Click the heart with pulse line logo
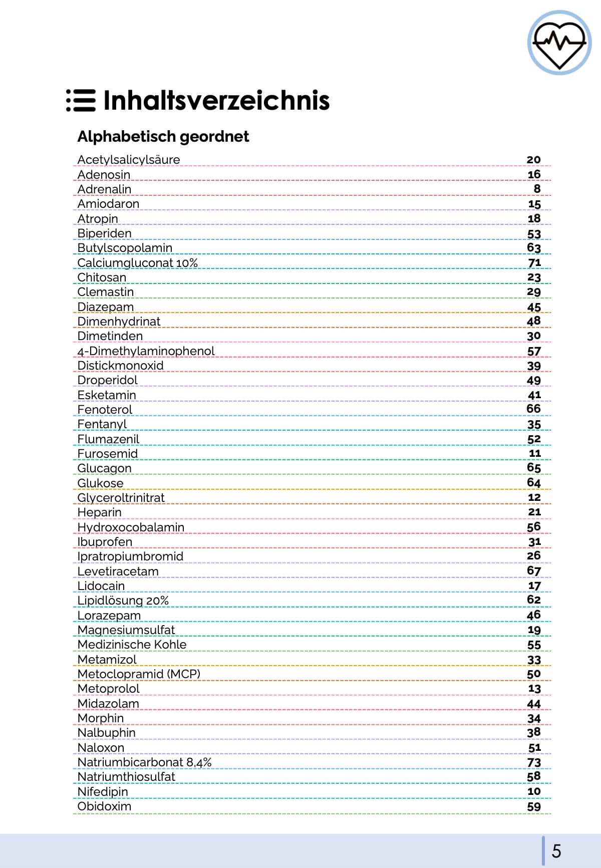click(559, 43)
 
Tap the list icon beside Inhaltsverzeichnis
click(81, 100)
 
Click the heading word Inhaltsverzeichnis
click(216, 100)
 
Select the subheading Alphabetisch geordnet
click(163, 136)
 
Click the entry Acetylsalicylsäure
click(128, 160)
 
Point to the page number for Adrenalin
click(537, 189)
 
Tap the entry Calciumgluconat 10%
click(137, 263)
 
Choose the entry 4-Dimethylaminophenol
click(146, 351)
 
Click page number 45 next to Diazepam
click(534, 307)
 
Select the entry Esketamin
click(106, 395)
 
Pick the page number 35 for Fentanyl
click(534, 425)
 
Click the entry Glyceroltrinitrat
click(121, 498)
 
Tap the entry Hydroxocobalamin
click(131, 527)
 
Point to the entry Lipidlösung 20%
click(123, 601)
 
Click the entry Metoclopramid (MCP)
click(139, 674)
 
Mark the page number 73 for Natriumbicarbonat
click(534, 762)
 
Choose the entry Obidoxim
click(104, 806)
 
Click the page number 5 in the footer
click(556, 851)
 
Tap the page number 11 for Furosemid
click(535, 454)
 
